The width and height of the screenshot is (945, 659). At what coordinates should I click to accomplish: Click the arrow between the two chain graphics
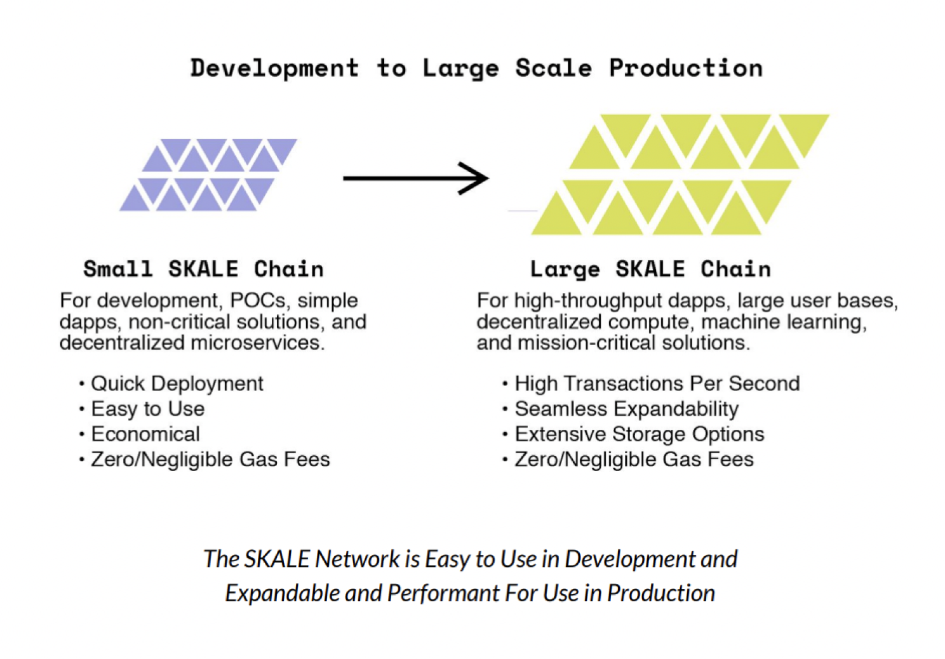pyautogui.click(x=416, y=178)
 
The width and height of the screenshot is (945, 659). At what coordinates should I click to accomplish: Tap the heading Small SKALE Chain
pyautogui.click(x=204, y=269)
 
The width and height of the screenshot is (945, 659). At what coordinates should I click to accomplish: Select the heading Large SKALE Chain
pyautogui.click(x=650, y=270)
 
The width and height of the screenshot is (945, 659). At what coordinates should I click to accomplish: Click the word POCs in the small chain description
pyautogui.click(x=258, y=301)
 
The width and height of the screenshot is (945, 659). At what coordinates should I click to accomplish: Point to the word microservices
pyautogui.click(x=258, y=343)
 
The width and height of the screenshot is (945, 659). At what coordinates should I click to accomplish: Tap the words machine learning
pyautogui.click(x=784, y=323)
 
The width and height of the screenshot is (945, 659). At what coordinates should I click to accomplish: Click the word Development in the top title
pyautogui.click(x=274, y=69)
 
